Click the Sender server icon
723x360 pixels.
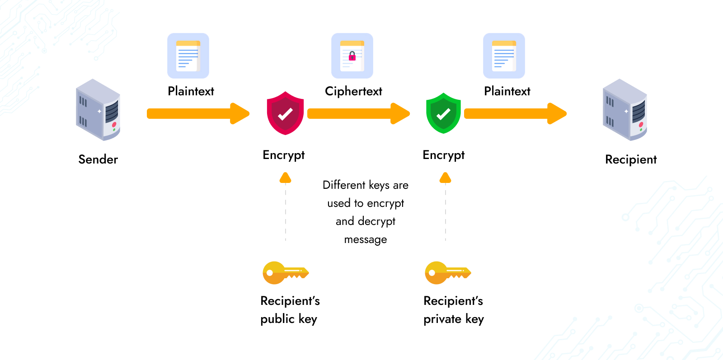tap(98, 110)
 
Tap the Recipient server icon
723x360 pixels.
tap(625, 110)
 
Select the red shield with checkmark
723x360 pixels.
tap(285, 113)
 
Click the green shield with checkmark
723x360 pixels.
tap(443, 113)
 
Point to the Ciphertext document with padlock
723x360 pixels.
tap(352, 56)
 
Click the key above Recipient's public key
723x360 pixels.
tap(285, 272)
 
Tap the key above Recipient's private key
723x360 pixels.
tap(447, 272)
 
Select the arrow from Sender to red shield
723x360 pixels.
tap(197, 113)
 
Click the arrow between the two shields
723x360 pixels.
tap(358, 113)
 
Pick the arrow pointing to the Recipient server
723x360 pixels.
tap(515, 113)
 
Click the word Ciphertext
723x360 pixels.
tap(353, 91)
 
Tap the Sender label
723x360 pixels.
tap(98, 159)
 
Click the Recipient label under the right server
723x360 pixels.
tap(630, 159)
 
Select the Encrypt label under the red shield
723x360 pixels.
tap(284, 155)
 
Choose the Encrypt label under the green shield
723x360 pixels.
tap(443, 155)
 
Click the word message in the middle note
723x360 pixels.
tap(365, 239)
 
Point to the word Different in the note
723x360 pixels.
tap(344, 185)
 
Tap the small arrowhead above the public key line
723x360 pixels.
tap(285, 178)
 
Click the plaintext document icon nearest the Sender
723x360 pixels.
tap(188, 56)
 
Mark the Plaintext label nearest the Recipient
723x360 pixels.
tap(507, 91)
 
